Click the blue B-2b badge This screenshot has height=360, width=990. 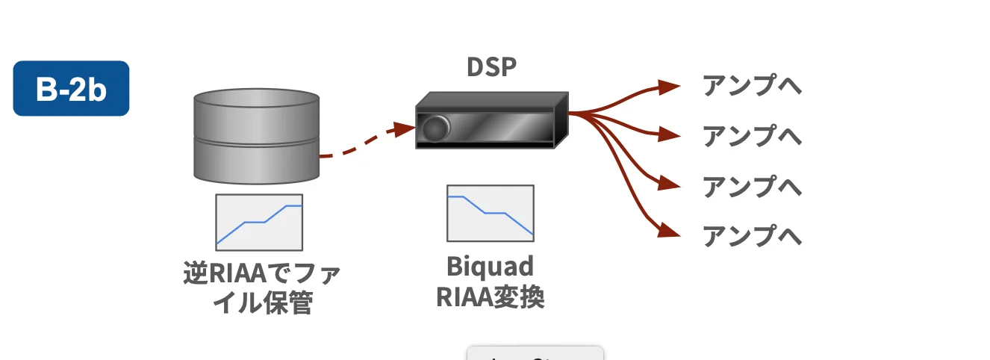(71, 88)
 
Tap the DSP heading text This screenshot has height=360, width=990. (491, 67)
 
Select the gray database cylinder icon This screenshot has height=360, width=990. (256, 137)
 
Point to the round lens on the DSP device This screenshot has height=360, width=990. (435, 128)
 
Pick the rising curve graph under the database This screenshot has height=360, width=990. (259, 222)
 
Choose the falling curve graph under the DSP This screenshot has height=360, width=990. (491, 213)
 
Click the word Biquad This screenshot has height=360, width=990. (490, 267)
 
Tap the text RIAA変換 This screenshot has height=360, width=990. (490, 297)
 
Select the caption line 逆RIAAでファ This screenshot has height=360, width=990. (261, 274)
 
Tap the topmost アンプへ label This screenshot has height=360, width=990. (752, 86)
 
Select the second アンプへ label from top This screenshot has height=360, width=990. (752, 136)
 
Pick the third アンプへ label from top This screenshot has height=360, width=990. (752, 186)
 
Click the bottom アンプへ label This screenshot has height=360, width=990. (752, 236)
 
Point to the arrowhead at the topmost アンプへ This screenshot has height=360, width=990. (670, 87)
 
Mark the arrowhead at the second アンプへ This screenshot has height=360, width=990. (670, 135)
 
